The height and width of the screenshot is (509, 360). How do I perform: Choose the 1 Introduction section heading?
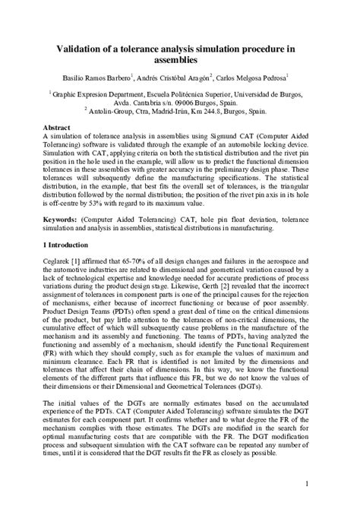[x=66, y=245]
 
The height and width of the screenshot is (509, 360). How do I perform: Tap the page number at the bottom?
[x=306, y=483]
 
